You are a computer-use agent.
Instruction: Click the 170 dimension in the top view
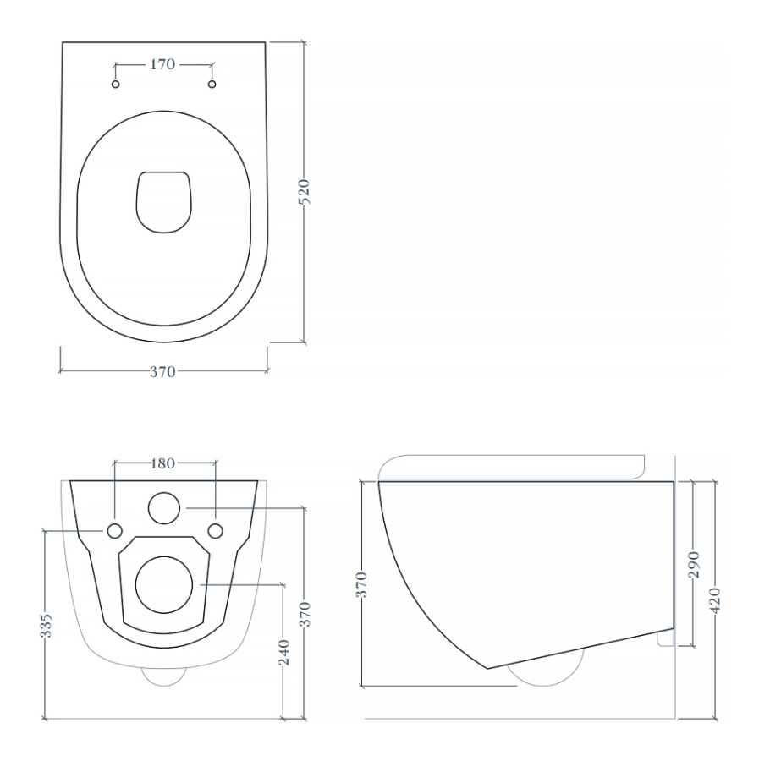pos(163,63)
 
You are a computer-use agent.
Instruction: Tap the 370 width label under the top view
pos(162,371)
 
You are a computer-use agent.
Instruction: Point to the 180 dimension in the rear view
pos(163,463)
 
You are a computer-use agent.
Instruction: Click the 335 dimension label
pos(47,625)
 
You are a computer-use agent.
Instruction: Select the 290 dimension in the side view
pos(694,564)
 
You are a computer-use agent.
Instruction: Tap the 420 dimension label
pos(716,601)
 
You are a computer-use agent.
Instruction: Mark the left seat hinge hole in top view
pos(117,85)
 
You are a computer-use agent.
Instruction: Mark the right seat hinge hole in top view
pos(212,85)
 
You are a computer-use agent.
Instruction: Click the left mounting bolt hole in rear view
pos(114,530)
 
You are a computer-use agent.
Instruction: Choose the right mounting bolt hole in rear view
pos(216,530)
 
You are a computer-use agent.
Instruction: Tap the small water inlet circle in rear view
pos(164,508)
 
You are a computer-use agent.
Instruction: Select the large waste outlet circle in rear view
pos(165,584)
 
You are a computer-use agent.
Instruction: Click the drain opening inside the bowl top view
pos(164,201)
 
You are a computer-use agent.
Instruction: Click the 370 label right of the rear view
pos(305,613)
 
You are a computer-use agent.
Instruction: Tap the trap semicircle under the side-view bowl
pos(546,672)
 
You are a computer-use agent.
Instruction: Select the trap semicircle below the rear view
pos(164,676)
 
